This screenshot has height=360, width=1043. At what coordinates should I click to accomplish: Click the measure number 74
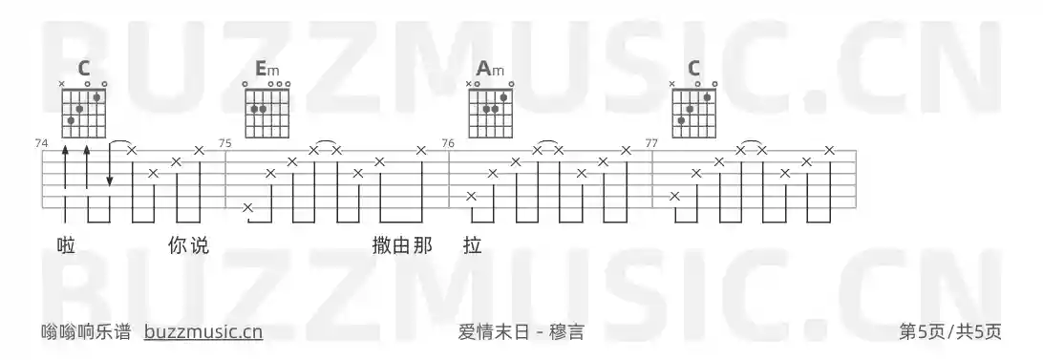click(41, 143)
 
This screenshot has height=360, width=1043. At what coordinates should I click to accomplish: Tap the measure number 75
click(225, 143)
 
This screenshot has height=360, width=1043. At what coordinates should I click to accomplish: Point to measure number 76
click(448, 143)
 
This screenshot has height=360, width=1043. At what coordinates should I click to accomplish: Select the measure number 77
click(652, 143)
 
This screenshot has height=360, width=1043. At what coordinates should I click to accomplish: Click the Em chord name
click(266, 69)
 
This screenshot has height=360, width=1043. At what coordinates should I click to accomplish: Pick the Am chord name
click(489, 69)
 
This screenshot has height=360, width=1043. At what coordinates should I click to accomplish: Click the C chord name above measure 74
click(84, 69)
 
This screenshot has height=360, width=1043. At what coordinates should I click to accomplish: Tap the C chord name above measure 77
click(693, 69)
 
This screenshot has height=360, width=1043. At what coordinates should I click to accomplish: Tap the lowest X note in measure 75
click(248, 207)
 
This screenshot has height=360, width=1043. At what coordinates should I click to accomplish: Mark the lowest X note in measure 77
click(675, 196)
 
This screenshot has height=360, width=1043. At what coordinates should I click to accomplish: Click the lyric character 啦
click(66, 246)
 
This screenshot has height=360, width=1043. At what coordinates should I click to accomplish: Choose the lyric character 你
click(177, 246)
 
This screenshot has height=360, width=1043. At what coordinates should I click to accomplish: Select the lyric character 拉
click(471, 246)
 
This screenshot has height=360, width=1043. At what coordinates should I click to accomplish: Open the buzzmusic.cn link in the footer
click(203, 332)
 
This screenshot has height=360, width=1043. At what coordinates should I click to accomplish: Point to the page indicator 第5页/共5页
click(950, 332)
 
